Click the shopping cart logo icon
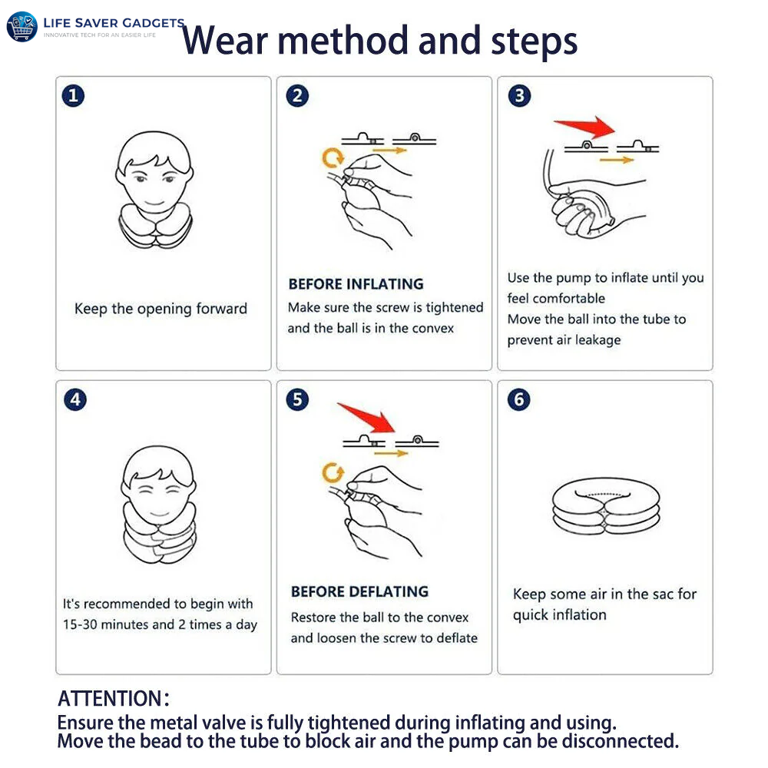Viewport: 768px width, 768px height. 22,26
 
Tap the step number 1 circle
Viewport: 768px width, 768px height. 73,95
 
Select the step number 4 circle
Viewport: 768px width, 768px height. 75,399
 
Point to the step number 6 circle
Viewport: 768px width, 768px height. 518,399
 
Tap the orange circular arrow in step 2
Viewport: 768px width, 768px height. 333,157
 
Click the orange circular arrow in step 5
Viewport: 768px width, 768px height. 333,472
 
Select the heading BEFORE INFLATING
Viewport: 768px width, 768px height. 356,284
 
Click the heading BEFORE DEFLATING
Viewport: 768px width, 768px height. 359,591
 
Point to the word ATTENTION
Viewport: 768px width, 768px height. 110,698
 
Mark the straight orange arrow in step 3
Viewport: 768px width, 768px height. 617,161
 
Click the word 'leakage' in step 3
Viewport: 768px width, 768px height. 598,340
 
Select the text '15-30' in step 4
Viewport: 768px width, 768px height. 80,624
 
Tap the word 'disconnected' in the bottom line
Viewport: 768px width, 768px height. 620,741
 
